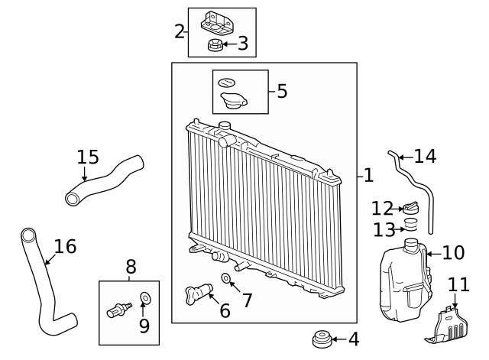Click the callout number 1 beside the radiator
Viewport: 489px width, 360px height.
(x=368, y=176)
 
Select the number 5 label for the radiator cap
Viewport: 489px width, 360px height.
(x=282, y=92)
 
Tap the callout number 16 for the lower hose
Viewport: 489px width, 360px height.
(x=65, y=246)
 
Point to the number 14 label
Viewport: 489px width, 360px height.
(x=425, y=157)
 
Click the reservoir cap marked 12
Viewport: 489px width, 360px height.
(x=411, y=208)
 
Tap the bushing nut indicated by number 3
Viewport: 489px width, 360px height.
(x=215, y=47)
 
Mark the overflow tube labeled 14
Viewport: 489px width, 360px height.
(x=416, y=187)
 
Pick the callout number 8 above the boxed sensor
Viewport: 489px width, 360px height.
(x=131, y=267)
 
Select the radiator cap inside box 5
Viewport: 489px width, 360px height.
(x=233, y=101)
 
